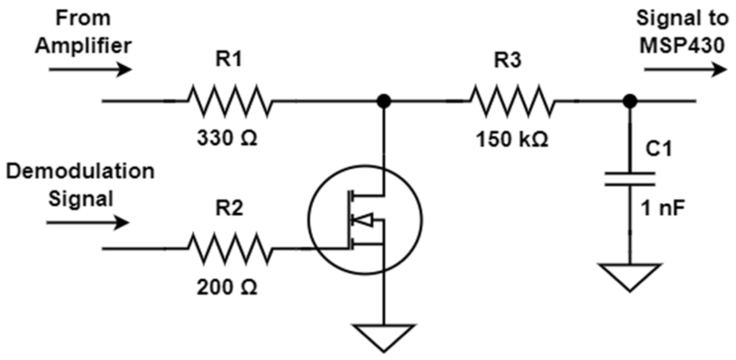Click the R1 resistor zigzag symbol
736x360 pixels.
coord(230,101)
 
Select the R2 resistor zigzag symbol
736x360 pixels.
coord(230,248)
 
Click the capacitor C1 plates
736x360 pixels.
coord(629,179)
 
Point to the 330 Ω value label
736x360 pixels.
coord(227,138)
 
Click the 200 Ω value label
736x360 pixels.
coord(227,287)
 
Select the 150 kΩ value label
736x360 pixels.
coord(512,139)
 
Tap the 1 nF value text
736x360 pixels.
coord(662,208)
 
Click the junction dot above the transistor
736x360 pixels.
coord(384,101)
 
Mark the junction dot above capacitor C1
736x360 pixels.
coord(629,101)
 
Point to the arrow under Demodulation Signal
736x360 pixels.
coord(88,223)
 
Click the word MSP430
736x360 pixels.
coord(682,46)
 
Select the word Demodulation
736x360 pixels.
coord(80,171)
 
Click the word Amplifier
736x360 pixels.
coord(83,46)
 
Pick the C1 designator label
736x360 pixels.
coord(659,148)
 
